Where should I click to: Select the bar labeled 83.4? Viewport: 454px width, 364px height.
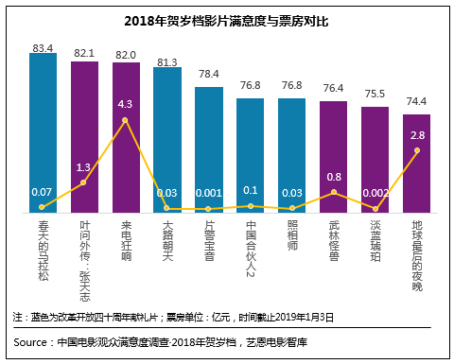click(x=43, y=132)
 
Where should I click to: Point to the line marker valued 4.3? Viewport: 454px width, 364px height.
click(x=126, y=120)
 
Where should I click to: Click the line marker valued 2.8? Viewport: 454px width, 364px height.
click(x=417, y=150)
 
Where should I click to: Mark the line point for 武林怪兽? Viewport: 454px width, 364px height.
click(x=334, y=192)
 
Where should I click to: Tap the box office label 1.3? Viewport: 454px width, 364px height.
click(x=84, y=167)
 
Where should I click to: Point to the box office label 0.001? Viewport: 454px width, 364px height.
click(x=209, y=192)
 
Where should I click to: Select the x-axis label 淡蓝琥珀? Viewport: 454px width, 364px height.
click(x=375, y=243)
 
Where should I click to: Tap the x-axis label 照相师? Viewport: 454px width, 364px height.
click(x=292, y=237)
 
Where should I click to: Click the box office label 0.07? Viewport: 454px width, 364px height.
click(x=43, y=192)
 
